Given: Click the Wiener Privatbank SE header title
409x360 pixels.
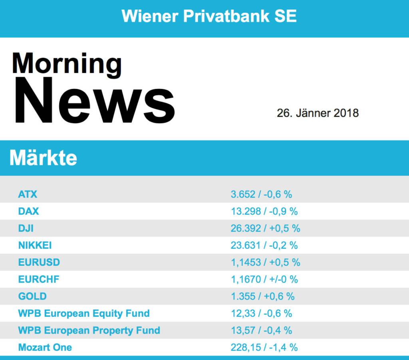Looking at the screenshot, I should pos(209,16).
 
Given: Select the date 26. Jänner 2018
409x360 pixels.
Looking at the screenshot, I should pos(318,113).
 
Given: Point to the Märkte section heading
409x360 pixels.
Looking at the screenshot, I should pos(43,158).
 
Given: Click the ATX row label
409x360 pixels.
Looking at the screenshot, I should pos(28,194).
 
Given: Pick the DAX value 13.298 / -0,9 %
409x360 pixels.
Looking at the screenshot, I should pos(264,211).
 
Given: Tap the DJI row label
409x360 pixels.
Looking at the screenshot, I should pos(26,228).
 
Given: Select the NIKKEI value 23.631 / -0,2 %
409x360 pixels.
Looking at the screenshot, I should pos(264,245).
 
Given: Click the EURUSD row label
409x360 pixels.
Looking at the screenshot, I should pos(39,262).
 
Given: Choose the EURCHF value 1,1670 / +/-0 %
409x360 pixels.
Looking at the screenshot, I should pos(264,279).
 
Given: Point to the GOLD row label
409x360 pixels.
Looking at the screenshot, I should pos(32,296).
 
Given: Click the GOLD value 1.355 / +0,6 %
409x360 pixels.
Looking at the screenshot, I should pos(262,296).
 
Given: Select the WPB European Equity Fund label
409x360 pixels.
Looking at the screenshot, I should pos(84,313).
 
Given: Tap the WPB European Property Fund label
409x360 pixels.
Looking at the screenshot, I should pos(89,330).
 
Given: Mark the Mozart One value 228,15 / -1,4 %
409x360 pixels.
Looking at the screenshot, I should pos(264,347).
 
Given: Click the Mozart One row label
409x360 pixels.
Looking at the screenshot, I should pos(45,347).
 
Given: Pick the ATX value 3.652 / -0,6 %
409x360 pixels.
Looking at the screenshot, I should pos(261,194).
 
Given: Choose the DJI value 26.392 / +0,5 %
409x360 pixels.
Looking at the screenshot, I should pos(265,228).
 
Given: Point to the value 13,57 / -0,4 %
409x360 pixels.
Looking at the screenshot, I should pos(261,330).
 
